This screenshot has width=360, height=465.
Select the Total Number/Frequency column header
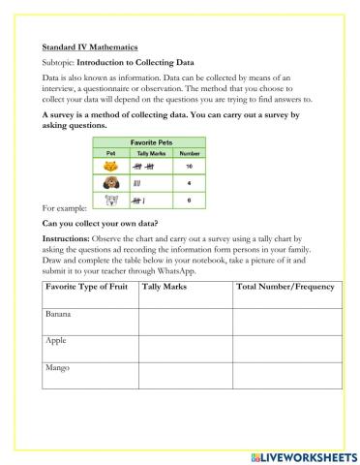tap(285, 288)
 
